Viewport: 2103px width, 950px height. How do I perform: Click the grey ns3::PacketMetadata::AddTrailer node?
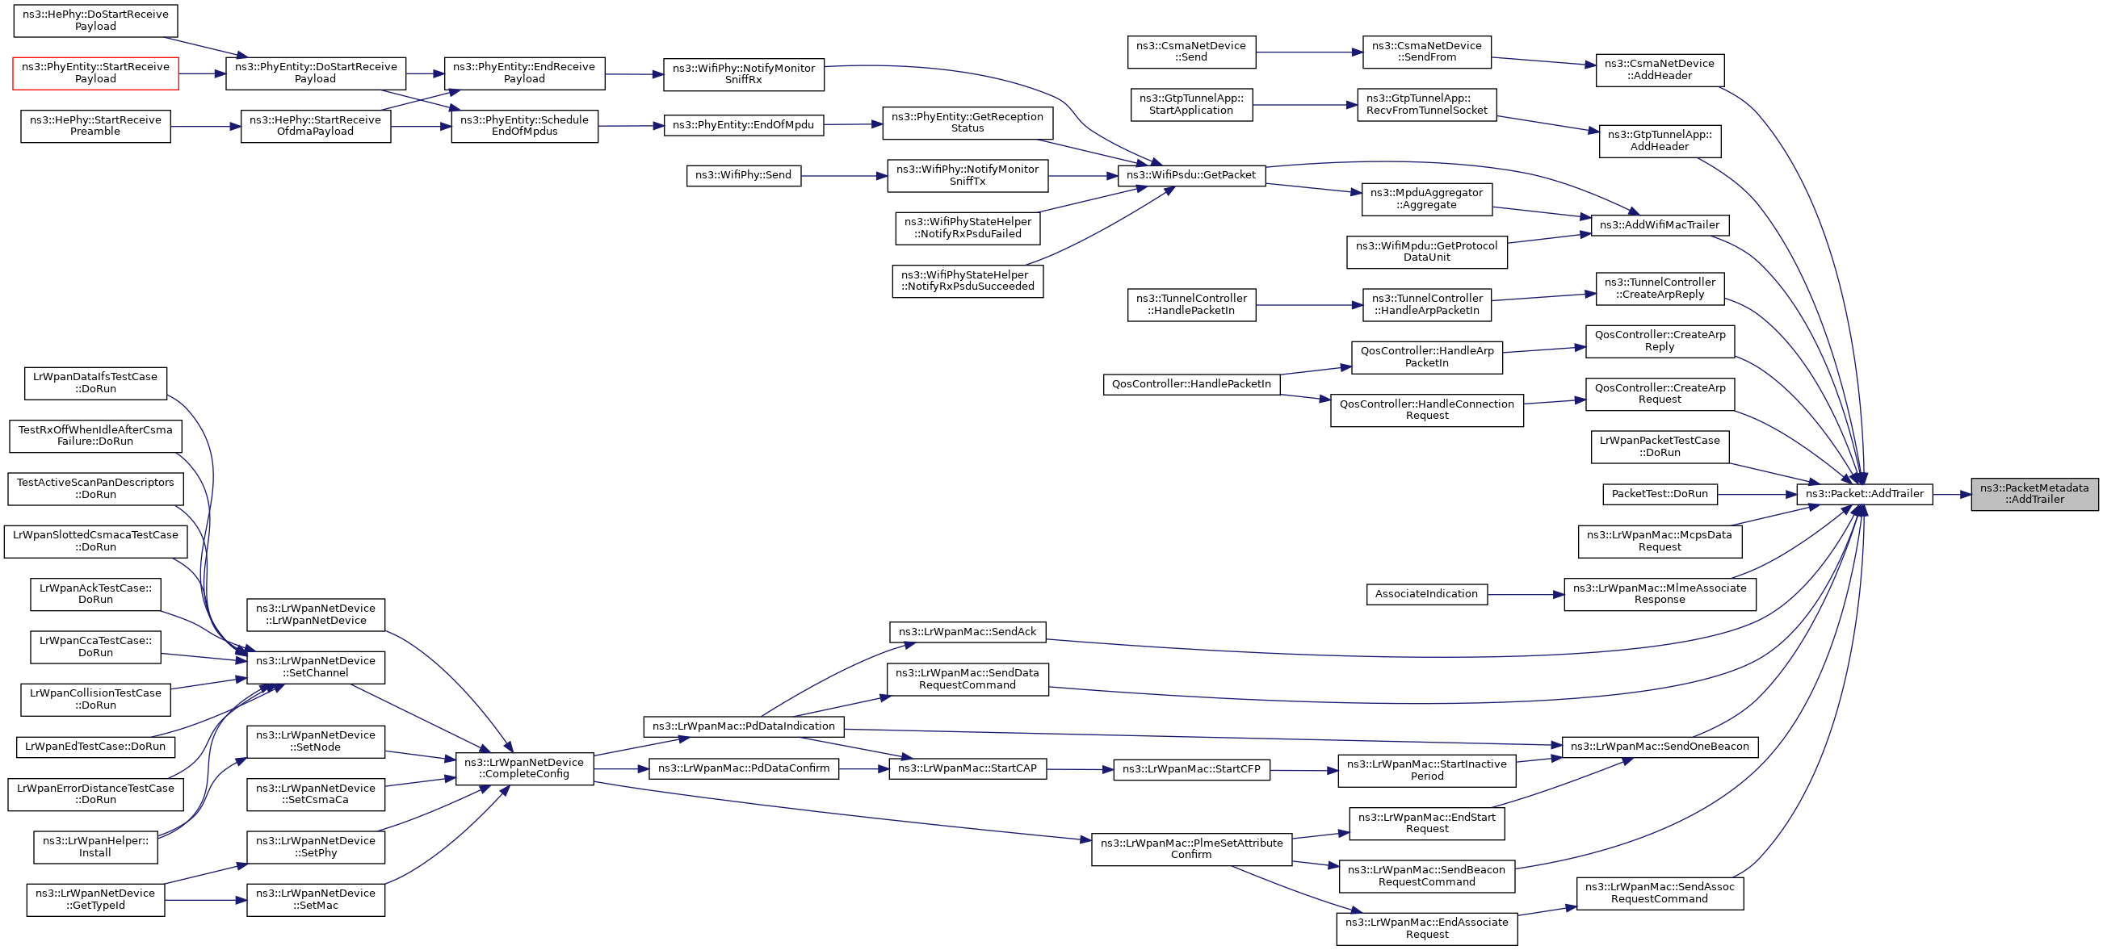point(2034,494)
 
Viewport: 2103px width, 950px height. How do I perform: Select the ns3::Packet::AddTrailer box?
point(1865,494)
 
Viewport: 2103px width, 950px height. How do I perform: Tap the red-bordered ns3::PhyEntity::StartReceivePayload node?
point(95,73)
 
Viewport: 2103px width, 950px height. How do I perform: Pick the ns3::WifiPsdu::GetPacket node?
point(1191,174)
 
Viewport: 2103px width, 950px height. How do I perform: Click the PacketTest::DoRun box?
point(1660,494)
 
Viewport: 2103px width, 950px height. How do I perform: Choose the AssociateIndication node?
point(1426,594)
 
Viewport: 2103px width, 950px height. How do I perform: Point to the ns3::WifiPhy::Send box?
point(743,174)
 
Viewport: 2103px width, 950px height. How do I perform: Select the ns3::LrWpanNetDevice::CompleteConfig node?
point(524,768)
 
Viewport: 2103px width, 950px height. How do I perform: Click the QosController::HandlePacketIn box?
point(1191,383)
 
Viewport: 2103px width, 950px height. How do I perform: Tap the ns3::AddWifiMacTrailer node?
point(1659,224)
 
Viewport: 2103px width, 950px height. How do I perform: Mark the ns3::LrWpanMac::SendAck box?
point(967,632)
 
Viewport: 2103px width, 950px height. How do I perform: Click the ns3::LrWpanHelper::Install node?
point(95,847)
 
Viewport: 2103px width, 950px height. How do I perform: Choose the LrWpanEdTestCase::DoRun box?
point(95,746)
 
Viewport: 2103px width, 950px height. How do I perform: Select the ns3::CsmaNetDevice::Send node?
point(1191,52)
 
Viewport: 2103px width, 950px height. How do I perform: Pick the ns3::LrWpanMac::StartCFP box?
point(1191,769)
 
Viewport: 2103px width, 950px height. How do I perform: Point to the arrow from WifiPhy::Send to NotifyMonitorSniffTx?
point(844,175)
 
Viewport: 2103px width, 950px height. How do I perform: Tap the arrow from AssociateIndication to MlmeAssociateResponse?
point(1525,594)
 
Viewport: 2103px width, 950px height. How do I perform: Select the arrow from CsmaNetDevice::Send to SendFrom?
point(1308,52)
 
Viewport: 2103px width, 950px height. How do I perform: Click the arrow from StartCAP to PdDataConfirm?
point(864,769)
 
